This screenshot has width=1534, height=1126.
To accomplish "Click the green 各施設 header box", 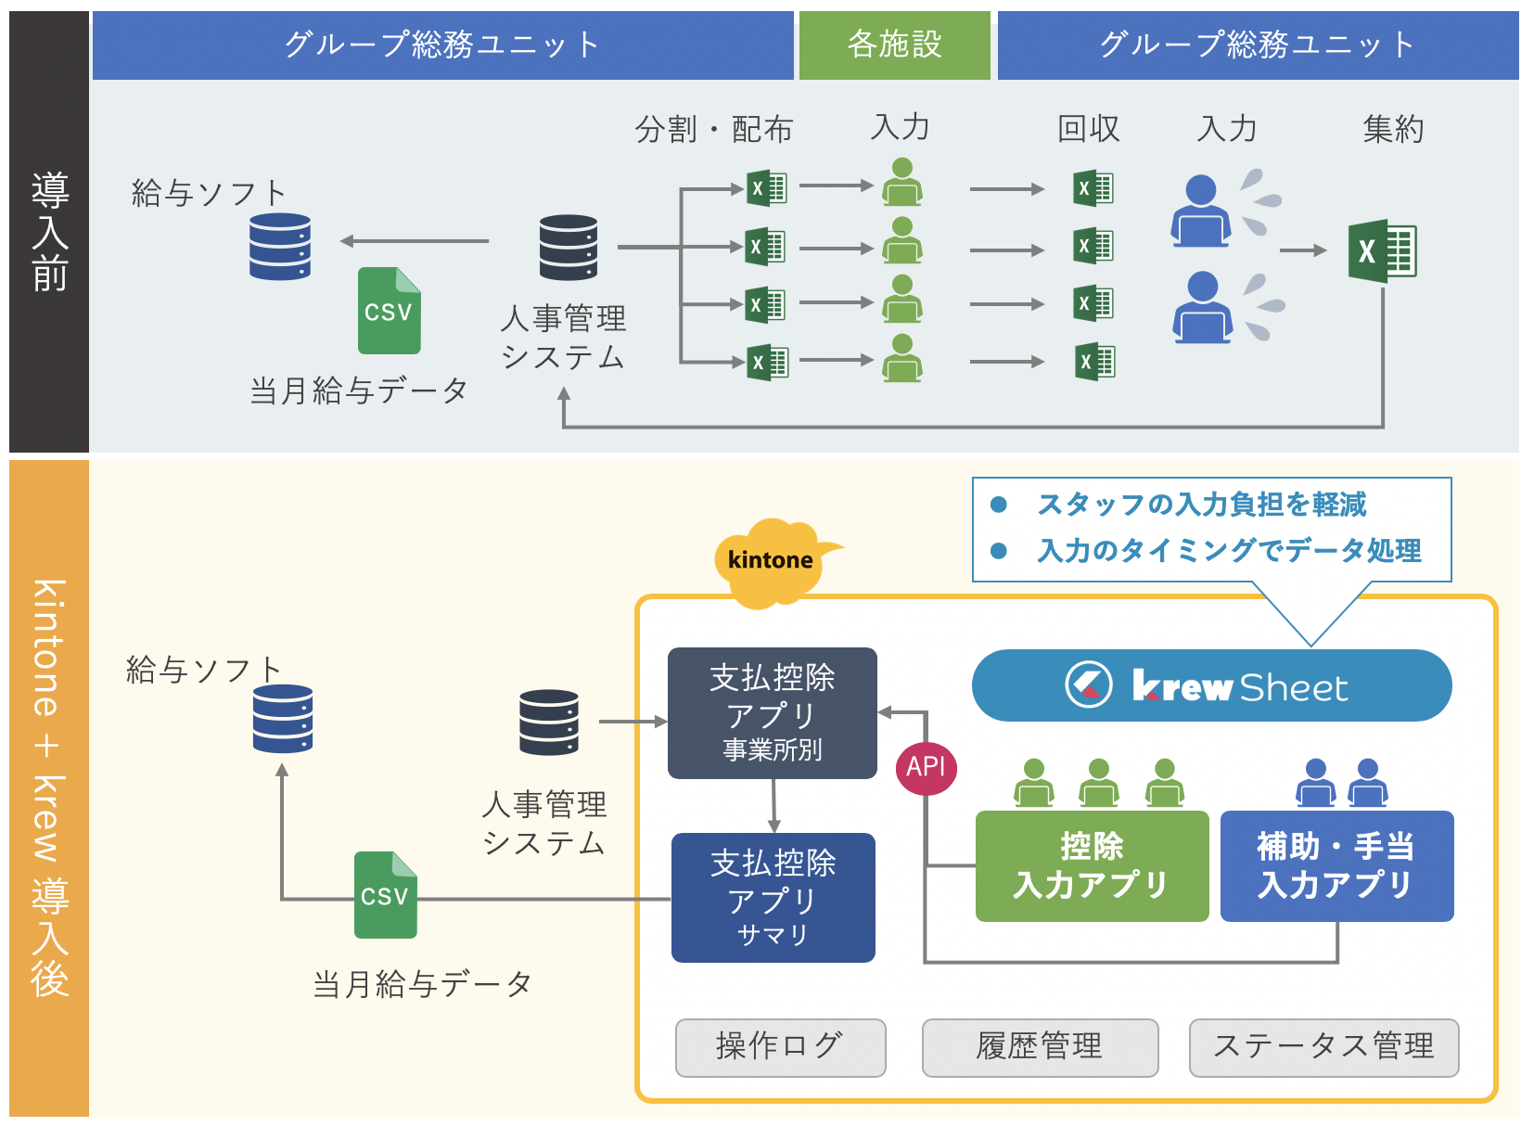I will coord(894,45).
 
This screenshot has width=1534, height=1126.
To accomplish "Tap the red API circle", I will coord(926,767).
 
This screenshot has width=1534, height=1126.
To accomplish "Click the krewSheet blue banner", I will coord(1211,685).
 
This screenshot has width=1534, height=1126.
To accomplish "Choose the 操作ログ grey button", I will coord(780,1047).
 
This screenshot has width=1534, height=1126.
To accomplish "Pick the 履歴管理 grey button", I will coord(1040,1047).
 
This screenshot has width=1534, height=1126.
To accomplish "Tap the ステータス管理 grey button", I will coord(1323,1047).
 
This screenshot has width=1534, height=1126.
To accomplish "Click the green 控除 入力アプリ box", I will coord(1092,865).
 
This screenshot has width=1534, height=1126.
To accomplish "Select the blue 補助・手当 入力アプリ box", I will coord(1336,865).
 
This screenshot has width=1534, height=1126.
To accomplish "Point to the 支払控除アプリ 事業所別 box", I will coord(772,712).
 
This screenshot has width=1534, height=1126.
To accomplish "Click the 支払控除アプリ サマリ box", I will coord(773,897).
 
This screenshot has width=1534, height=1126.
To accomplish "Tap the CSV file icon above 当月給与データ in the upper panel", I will coord(389,311).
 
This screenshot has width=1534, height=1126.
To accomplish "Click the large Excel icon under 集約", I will coord(1382,250).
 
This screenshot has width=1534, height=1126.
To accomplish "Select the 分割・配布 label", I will coord(713,129).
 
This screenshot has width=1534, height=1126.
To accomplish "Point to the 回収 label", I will coord(1088,129).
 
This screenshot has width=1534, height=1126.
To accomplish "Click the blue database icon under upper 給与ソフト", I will coord(279,247).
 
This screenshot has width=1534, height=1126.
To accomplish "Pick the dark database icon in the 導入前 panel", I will coord(568,248).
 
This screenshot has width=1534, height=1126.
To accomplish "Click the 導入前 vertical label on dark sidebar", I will coord(49,232).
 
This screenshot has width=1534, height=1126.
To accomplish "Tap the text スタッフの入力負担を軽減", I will coord(1201,505).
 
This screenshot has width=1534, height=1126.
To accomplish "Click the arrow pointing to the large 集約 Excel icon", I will coord(1303,250).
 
